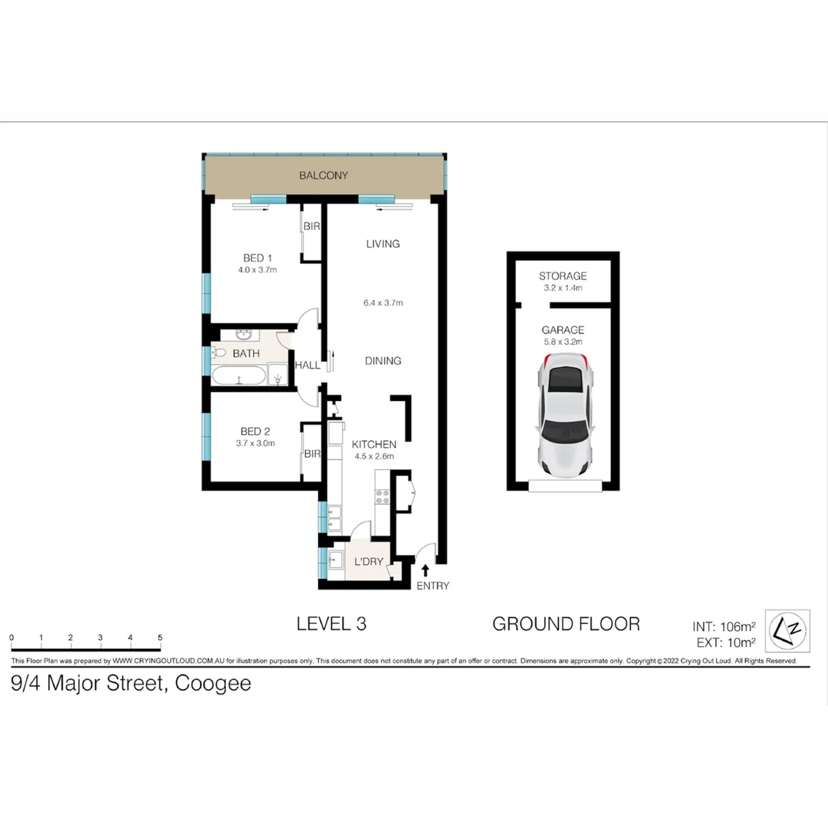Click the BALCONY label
324,176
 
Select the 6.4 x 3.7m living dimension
383,303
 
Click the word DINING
383,361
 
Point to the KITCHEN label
373,445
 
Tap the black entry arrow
426,570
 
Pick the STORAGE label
563,276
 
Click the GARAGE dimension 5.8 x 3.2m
563,342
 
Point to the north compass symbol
789,629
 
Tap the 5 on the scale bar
159,638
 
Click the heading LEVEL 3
331,624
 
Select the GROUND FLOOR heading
566,624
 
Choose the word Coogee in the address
213,683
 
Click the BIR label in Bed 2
311,454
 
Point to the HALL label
307,366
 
